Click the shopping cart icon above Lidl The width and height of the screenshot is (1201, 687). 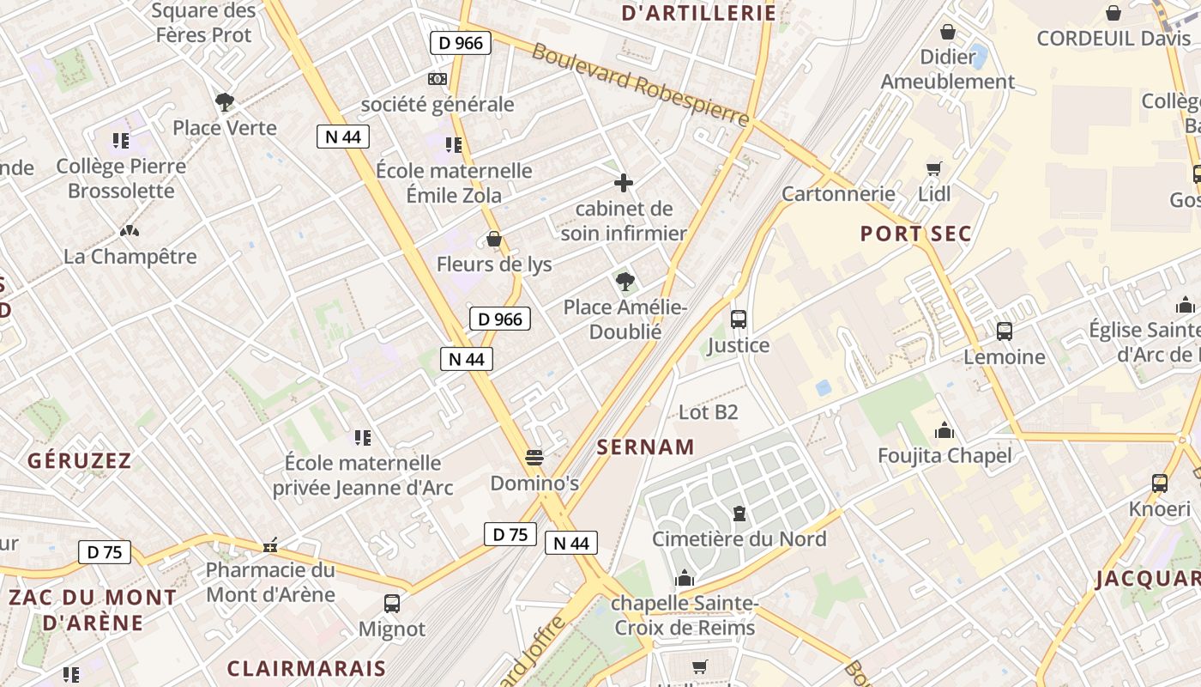[x=934, y=168]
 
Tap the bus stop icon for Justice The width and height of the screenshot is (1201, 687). [x=738, y=319]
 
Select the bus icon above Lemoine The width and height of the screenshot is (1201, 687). [x=1004, y=331]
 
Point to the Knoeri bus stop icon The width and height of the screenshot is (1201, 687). [x=1160, y=483]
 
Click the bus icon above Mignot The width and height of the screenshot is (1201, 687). [x=392, y=603]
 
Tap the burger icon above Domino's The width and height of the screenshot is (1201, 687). [x=534, y=457]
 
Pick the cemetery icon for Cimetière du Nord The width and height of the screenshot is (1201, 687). [x=739, y=514]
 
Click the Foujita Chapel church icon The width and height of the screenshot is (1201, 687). [x=945, y=429]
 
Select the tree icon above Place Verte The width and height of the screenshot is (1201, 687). [x=225, y=102]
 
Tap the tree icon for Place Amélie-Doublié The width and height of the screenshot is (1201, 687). [x=625, y=281]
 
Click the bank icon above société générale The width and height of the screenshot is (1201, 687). [x=438, y=79]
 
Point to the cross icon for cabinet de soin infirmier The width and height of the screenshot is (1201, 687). [x=624, y=183]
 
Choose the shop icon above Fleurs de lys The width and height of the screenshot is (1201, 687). [x=493, y=238]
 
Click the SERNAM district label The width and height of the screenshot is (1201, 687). [x=645, y=447]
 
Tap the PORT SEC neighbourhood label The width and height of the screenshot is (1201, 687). [x=916, y=234]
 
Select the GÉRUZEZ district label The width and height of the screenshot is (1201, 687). [x=79, y=461]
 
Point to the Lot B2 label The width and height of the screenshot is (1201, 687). [x=708, y=412]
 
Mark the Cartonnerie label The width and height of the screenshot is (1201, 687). [x=838, y=194]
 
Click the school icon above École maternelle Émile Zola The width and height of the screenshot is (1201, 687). [x=453, y=144]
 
